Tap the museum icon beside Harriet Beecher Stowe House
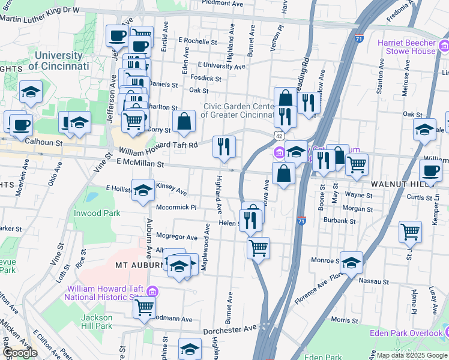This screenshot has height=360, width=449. tap(444, 45)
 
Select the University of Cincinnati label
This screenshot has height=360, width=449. tap(59, 60)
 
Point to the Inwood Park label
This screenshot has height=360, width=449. tap(97, 213)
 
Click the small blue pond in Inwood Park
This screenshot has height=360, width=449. tap(91, 196)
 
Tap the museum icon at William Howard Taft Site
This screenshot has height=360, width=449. tap(152, 292)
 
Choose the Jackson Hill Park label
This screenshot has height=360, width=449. tap(97, 322)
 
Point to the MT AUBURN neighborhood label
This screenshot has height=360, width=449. tap(139, 265)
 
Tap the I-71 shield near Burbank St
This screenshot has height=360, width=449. tap(301, 221)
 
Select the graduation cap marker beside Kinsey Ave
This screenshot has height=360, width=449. tap(143, 191)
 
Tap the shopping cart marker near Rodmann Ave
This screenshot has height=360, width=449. tap(144, 307)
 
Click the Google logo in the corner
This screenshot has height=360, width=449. tap(20, 353)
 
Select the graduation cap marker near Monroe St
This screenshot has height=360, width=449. tap(351, 262)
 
